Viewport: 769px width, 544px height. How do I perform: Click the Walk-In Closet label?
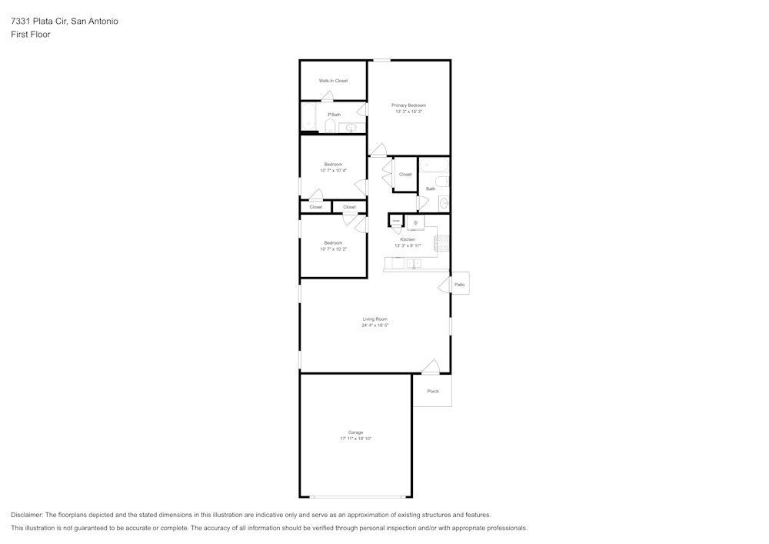click(333, 81)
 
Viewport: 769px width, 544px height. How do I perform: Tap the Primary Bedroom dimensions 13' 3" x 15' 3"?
click(408, 112)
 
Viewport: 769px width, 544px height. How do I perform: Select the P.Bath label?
click(334, 115)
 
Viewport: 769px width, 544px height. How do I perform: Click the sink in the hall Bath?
click(443, 203)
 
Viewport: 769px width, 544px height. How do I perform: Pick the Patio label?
click(459, 285)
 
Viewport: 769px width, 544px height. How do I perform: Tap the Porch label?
click(433, 391)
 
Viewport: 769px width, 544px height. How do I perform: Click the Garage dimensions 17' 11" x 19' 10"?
click(355, 439)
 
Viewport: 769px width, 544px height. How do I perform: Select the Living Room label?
click(375, 319)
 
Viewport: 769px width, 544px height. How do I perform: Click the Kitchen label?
click(408, 239)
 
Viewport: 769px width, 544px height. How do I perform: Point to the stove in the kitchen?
click(442, 244)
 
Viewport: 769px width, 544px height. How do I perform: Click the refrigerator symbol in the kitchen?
click(415, 223)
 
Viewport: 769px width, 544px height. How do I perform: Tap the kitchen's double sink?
click(414, 263)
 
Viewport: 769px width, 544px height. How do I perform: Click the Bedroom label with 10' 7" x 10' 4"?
click(333, 164)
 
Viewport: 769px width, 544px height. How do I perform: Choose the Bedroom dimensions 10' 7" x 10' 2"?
click(333, 249)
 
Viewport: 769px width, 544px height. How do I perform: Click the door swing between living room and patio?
click(444, 285)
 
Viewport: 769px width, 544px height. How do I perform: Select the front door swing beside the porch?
click(431, 367)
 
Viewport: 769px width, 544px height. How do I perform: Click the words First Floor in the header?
click(31, 35)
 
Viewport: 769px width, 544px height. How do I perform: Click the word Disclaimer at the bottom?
click(27, 515)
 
